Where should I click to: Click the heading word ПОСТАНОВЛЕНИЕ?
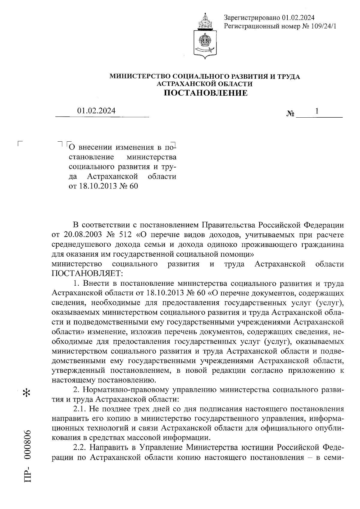coord(205,93)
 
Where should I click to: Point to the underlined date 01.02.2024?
coord(96,111)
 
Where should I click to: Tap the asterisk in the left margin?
coord(27,393)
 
